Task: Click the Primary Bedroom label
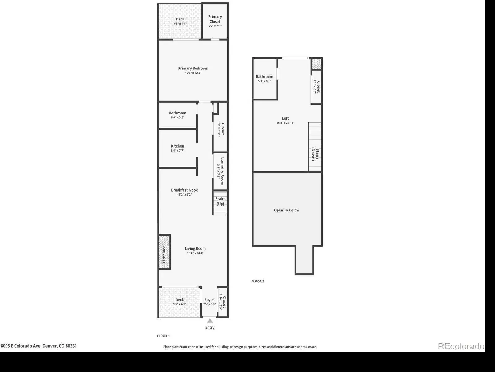193,68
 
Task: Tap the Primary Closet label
215,19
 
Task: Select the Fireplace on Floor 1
164,252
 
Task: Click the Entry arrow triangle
210,321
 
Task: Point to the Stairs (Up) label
220,201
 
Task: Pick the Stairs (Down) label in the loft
315,154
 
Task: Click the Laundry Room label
222,171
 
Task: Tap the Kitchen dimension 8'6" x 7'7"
178,151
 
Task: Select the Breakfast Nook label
184,190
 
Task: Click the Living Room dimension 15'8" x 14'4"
195,253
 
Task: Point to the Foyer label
209,300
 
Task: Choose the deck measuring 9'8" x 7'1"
180,21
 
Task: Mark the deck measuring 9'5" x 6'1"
179,302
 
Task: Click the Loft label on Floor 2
285,118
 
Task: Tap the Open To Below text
286,210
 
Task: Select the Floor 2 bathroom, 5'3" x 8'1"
265,79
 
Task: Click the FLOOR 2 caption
258,281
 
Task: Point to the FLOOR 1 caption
163,336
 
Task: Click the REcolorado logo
461,346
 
